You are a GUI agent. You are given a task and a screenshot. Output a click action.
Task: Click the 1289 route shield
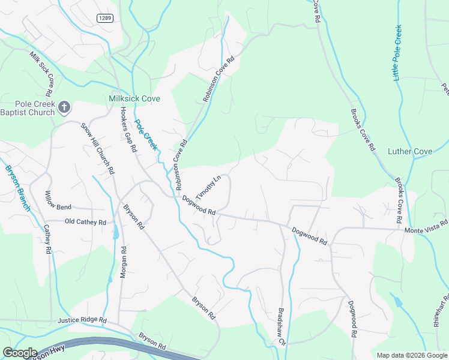(104, 19)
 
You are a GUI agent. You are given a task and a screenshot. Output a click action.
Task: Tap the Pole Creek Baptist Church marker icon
(65, 108)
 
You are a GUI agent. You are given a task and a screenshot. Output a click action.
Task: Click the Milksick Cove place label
(134, 98)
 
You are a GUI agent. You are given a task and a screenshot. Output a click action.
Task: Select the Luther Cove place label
(410, 151)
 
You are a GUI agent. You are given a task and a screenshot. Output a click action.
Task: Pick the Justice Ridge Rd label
(82, 321)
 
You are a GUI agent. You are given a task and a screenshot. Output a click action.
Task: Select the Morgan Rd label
(123, 262)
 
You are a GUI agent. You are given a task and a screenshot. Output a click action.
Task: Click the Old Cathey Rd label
(85, 222)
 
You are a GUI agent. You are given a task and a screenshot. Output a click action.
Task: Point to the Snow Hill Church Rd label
(98, 148)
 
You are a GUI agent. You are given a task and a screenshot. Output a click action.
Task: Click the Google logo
(20, 353)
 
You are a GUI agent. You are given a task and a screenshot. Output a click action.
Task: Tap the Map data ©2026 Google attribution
(411, 355)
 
